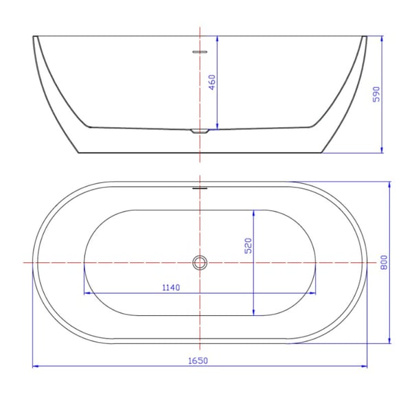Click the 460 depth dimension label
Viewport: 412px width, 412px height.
click(212, 82)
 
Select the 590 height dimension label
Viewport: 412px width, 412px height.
click(376, 94)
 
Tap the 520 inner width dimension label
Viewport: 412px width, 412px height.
click(249, 245)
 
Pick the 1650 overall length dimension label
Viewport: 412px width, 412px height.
click(198, 360)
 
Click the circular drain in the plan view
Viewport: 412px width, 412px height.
click(200, 262)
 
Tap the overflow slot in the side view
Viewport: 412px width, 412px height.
click(200, 51)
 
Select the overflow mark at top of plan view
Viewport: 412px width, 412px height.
click(200, 186)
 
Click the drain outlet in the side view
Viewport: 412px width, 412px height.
click(200, 130)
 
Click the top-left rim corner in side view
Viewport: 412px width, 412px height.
click(34, 36)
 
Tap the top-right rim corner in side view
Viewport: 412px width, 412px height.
click(365, 36)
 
